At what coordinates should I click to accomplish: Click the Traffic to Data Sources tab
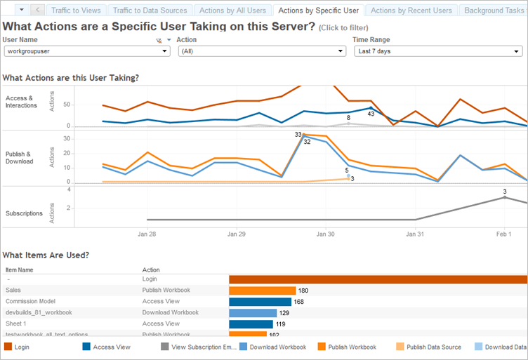click(150, 11)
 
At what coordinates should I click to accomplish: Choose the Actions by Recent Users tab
click(411, 11)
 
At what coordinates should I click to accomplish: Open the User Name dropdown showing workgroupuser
click(86, 51)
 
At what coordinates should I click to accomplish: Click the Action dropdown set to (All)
click(261, 51)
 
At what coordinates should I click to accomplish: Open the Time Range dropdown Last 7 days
click(437, 51)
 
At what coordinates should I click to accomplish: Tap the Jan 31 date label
click(415, 234)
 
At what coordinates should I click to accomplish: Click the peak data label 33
click(298, 134)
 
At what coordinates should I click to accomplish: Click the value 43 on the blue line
click(371, 113)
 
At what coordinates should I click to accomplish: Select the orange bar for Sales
click(262, 290)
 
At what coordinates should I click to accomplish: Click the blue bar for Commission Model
click(260, 302)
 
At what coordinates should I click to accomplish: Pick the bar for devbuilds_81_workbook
click(253, 313)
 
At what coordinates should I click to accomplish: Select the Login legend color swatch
click(8, 347)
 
